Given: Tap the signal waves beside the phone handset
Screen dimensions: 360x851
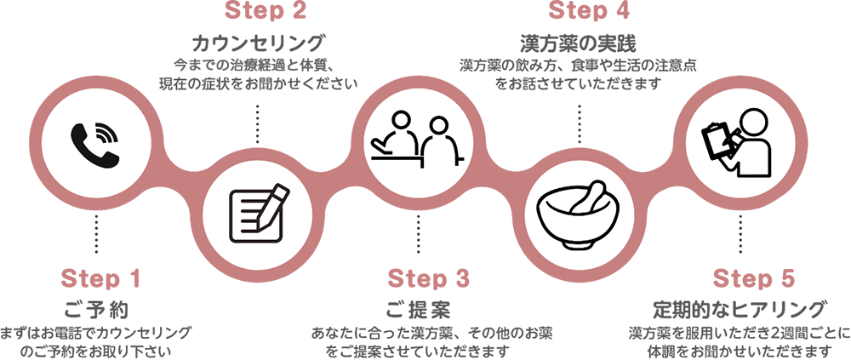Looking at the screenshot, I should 106,133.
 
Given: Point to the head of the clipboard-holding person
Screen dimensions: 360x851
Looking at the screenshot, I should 753,124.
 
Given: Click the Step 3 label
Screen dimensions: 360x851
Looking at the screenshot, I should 428,278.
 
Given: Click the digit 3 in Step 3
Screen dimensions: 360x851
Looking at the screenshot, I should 460,278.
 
